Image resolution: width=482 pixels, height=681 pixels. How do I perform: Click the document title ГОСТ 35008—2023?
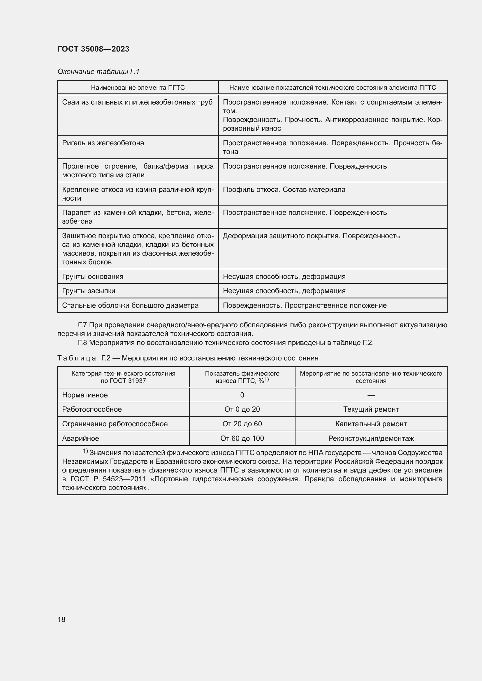(x=93, y=49)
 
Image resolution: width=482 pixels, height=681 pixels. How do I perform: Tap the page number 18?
(x=61, y=619)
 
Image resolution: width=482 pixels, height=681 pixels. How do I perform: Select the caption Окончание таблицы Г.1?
(x=98, y=72)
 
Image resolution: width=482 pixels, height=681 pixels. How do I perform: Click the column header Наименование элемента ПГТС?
(x=138, y=88)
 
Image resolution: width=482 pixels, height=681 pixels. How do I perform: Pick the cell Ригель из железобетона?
(x=103, y=143)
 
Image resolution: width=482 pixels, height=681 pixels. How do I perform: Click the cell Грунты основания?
(x=93, y=276)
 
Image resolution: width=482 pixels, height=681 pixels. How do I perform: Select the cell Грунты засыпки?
(x=89, y=291)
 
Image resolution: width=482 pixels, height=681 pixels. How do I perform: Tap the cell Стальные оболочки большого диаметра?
(x=130, y=305)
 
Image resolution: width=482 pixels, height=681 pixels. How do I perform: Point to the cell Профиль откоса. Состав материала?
(x=284, y=189)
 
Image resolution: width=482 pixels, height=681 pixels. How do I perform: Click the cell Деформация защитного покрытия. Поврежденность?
(x=311, y=236)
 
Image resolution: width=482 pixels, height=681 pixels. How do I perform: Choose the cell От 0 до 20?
(x=242, y=409)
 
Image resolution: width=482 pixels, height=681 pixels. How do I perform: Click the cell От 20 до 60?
(x=242, y=424)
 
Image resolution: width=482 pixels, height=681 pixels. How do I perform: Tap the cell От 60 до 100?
(x=242, y=438)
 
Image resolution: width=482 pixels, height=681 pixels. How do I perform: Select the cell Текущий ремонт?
(x=371, y=409)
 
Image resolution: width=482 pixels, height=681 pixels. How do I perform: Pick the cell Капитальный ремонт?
(x=371, y=424)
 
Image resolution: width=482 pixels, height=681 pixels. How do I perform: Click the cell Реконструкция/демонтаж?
(x=371, y=438)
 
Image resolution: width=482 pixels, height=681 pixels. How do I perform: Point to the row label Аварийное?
(x=80, y=438)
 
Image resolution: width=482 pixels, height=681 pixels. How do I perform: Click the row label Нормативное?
(x=85, y=395)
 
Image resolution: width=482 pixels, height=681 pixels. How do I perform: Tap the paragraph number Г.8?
(x=82, y=343)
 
